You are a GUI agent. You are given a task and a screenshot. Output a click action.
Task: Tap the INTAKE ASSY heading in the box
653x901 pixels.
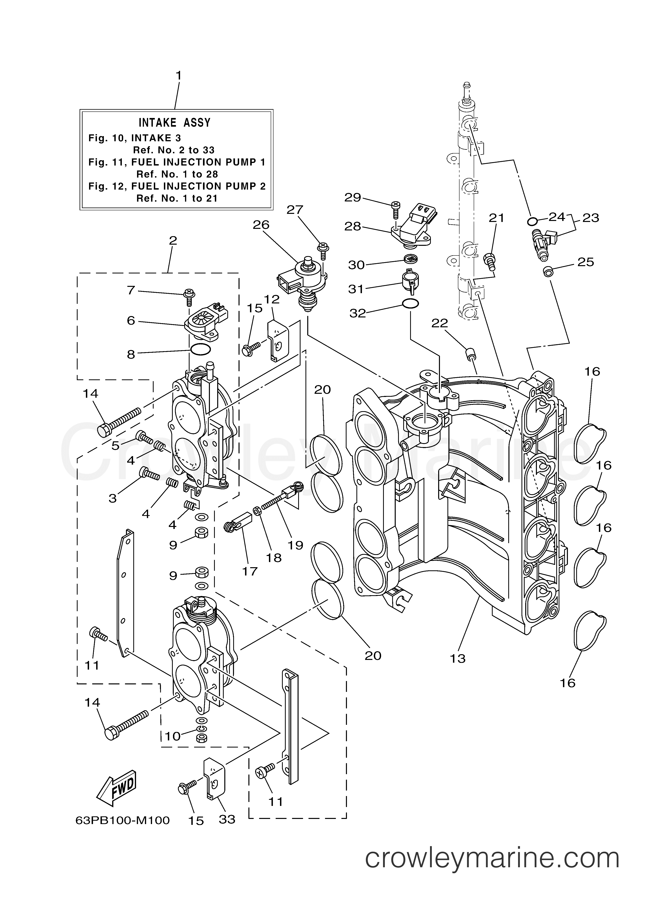pos(175,122)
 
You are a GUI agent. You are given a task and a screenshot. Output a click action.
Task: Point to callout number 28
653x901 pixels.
pos(353,226)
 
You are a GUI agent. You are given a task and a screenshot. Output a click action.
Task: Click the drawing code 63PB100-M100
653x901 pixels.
pos(122,820)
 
